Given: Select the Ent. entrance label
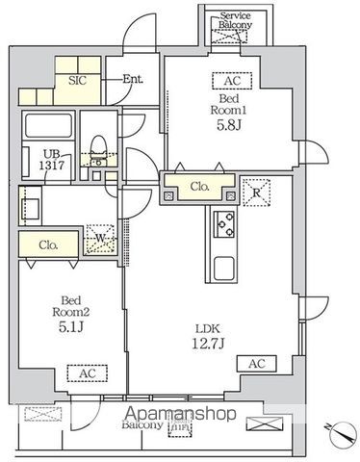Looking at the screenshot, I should tap(132, 79).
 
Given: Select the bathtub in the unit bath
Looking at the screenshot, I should tap(48, 126).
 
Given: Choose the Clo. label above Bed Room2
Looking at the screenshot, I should tap(49, 245).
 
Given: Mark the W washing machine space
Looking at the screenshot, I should tap(100, 236).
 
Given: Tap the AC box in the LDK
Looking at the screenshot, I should tap(257, 364).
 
